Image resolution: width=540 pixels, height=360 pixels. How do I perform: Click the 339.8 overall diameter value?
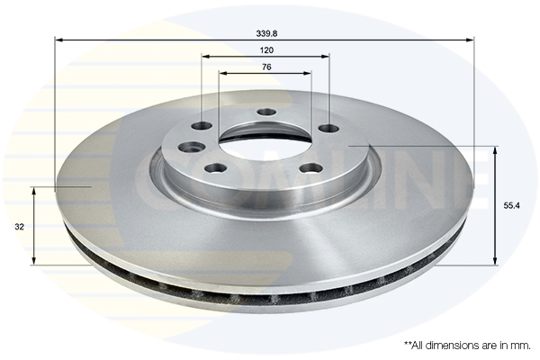[x=266, y=33]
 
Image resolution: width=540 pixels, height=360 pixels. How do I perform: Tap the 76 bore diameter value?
[x=266, y=67]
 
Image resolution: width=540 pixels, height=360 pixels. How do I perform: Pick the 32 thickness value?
[x=20, y=227]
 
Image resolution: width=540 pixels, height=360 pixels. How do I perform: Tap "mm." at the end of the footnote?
[x=520, y=345]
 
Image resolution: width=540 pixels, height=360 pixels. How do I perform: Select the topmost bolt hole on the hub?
[x=266, y=112]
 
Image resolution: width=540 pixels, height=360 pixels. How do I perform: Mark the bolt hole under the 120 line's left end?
[x=202, y=126]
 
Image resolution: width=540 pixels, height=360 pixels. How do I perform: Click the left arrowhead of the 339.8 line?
[x=58, y=40]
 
